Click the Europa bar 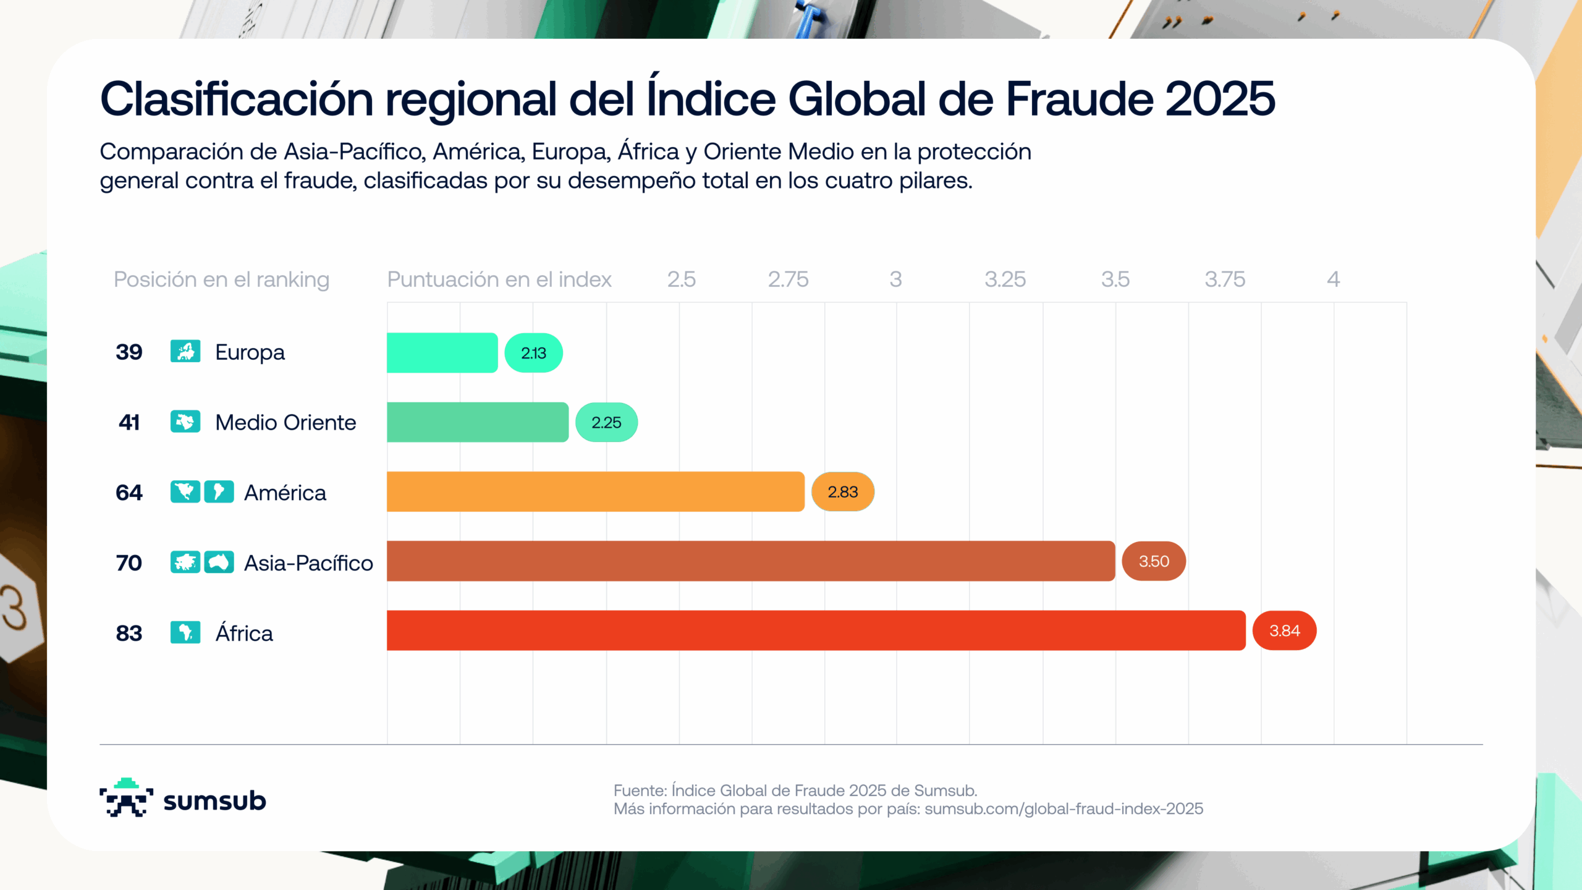[x=442, y=352]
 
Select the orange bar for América [x=595, y=491]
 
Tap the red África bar [x=816, y=630]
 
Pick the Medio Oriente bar [x=477, y=422]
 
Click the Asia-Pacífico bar [x=751, y=561]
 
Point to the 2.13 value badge [x=533, y=353]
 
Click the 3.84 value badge [x=1284, y=630]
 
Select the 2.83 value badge [x=842, y=492]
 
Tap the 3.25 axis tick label [x=1005, y=279]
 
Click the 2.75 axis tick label [x=788, y=279]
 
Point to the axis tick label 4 [x=1333, y=279]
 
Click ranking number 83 [x=129, y=633]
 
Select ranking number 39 [x=129, y=352]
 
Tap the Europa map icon [x=185, y=351]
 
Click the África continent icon [x=185, y=632]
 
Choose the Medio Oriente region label [x=286, y=423]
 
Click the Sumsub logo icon [x=126, y=798]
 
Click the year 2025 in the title [x=1220, y=99]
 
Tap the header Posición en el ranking [x=221, y=279]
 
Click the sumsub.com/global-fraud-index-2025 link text [x=1064, y=809]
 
